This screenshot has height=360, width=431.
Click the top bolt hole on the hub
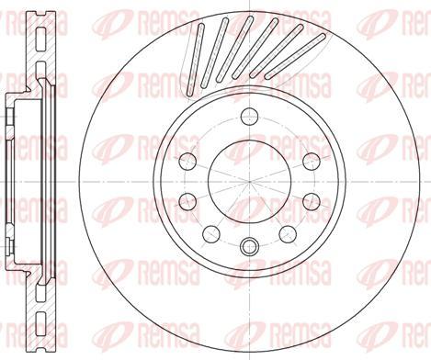coord(248,116)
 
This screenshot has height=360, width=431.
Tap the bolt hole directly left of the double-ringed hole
coord(211,232)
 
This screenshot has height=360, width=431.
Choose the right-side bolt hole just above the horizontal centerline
coord(310,163)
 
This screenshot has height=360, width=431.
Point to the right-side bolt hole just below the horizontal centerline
coord(310,200)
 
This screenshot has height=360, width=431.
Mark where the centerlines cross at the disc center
coord(248,181)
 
